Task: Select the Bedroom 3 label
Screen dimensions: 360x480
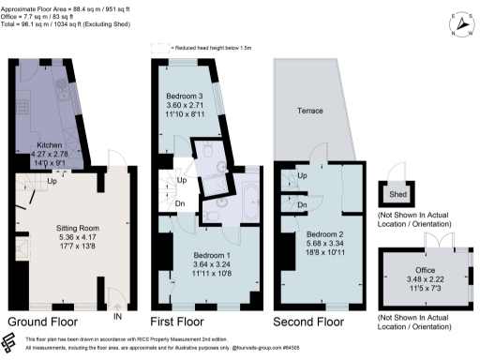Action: [x=185, y=97]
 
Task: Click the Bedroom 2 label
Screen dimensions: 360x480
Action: [x=322, y=232]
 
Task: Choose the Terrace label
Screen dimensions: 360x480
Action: [x=309, y=111]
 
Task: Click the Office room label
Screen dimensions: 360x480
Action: [x=412, y=270]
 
